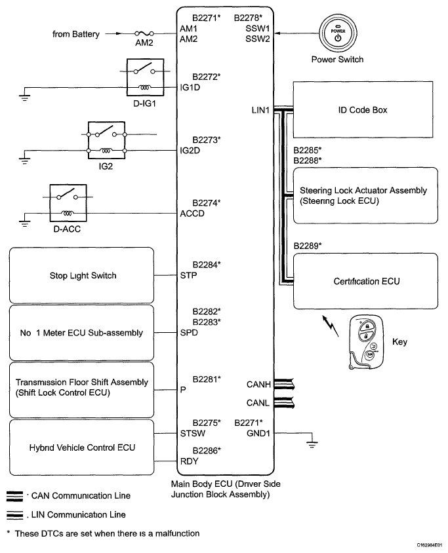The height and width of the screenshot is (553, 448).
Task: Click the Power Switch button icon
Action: pos(338,34)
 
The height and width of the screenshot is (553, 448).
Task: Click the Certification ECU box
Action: pos(367,282)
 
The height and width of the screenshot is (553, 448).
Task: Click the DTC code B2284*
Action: pos(207,265)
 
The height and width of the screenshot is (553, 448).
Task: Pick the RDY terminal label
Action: pos(188,461)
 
